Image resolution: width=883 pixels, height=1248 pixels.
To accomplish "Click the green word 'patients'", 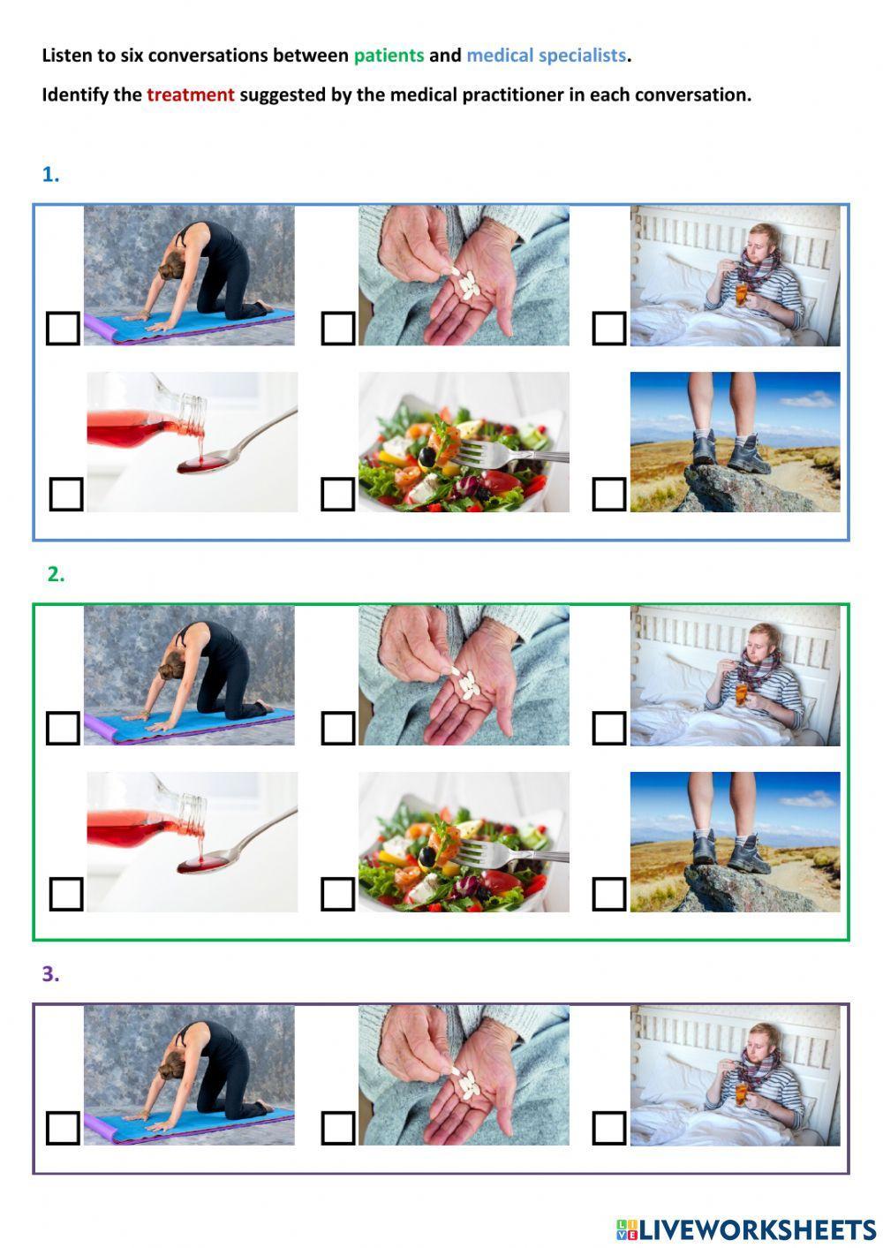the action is (389, 56).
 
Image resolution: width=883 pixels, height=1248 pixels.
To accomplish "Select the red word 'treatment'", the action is (191, 95).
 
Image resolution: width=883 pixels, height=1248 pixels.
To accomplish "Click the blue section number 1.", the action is (50, 175).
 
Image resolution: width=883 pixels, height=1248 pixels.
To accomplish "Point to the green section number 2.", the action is (56, 574).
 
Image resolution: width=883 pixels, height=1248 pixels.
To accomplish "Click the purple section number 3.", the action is (50, 974).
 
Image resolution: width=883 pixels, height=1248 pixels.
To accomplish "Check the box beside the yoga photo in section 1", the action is (63, 329).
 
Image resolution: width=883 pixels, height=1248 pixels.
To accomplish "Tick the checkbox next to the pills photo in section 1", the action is (337, 329).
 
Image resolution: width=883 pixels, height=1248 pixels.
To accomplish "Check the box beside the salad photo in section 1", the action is (337, 495).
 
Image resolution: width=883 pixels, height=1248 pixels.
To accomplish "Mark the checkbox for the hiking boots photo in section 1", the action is (609, 495).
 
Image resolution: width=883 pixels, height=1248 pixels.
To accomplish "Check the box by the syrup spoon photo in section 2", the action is (66, 894).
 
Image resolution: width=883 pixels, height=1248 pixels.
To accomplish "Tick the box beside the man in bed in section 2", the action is (609, 728).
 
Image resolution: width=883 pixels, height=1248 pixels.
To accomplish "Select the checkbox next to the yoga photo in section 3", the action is (63, 1128).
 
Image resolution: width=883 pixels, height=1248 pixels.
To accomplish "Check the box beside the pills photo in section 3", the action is (337, 1128).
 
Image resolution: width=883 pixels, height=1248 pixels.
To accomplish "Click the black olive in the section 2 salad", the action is (428, 858).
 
